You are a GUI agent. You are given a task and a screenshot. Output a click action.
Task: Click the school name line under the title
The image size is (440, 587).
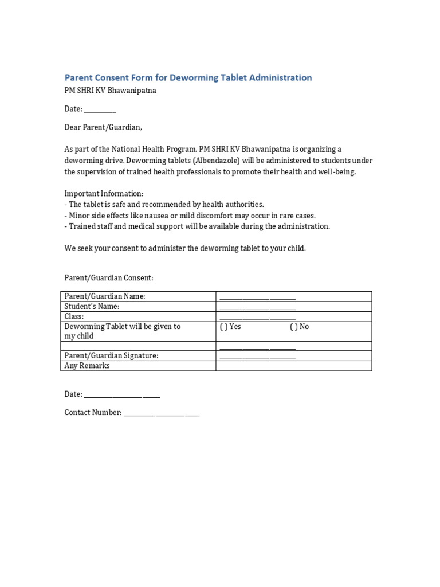tap(110, 91)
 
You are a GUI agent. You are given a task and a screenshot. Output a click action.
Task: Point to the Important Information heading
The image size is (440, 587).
tap(104, 194)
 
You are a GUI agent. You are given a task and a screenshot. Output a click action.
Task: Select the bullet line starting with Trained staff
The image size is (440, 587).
tap(197, 226)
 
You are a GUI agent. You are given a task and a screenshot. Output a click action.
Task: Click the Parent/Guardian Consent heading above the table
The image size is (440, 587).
tap(109, 278)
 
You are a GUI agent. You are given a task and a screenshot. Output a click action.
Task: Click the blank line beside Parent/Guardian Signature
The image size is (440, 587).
tap(257, 357)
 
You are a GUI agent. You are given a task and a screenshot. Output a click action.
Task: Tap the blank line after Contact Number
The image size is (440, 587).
tap(162, 413)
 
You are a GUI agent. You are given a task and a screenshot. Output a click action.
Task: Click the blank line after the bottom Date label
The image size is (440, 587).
tap(121, 396)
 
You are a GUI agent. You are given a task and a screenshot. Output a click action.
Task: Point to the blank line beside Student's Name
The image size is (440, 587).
tap(257, 308)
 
